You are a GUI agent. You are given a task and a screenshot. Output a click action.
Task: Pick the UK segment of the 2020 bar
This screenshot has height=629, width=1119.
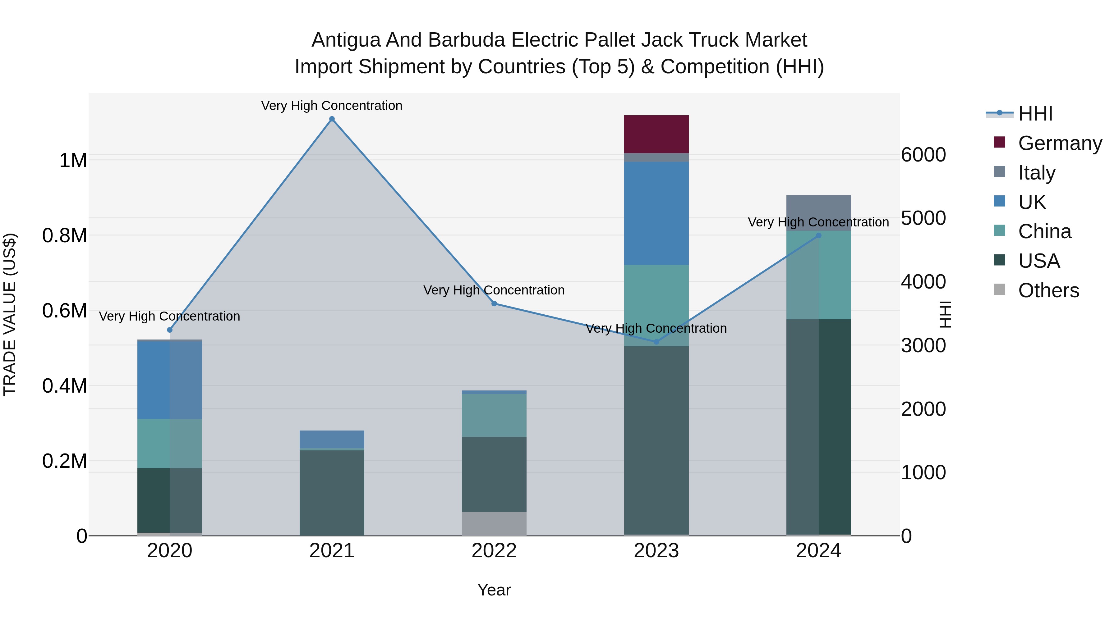coord(169,380)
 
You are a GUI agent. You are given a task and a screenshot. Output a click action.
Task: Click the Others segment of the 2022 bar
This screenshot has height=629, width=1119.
coord(494,523)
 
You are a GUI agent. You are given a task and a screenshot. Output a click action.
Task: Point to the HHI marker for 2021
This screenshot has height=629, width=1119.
coord(332,119)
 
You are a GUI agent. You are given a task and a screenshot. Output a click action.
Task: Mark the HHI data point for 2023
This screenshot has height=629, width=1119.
coord(656,342)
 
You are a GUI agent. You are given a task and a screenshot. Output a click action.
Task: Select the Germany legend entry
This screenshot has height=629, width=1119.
coord(1060,143)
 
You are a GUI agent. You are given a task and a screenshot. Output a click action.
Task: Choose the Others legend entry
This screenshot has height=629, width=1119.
coord(1048,290)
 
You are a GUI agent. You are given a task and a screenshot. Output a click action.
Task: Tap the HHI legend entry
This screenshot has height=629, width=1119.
coord(1035,114)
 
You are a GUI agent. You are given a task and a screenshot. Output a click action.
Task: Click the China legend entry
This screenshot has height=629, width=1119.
coord(1044,231)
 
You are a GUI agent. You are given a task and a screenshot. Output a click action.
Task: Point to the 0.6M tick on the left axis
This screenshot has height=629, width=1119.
coord(64,311)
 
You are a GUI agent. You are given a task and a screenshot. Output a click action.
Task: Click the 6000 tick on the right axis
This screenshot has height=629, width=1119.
coord(923,155)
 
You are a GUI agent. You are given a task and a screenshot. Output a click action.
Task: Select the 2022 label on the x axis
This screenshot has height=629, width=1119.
coord(494,551)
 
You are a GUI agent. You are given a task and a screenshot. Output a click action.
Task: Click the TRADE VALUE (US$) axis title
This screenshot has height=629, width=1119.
coord(10,314)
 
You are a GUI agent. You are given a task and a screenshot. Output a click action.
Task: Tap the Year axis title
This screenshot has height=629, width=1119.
coord(494,590)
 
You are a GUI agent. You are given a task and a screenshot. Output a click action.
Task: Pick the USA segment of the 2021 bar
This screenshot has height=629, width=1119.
coord(332,493)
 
